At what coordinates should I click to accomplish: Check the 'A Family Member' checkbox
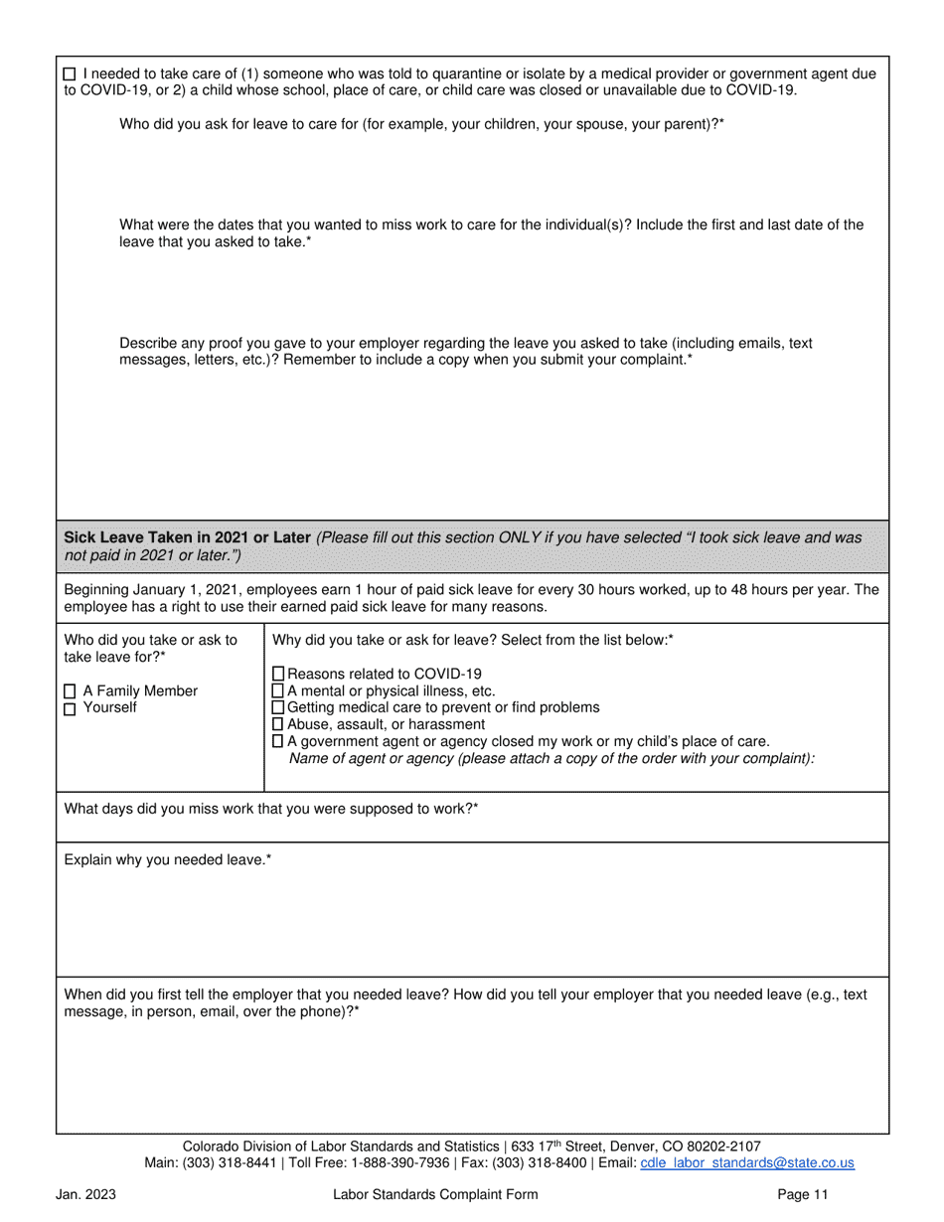point(70,691)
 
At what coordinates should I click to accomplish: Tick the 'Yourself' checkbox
point(70,709)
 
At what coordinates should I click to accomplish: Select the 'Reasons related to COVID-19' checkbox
point(278,674)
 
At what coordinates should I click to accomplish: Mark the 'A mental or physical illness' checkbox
point(278,690)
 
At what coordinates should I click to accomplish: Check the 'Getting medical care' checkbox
point(278,707)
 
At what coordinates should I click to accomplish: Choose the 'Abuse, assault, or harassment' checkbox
point(278,724)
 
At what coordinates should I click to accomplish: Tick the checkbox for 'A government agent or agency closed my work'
point(278,741)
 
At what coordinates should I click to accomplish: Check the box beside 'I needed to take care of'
point(70,75)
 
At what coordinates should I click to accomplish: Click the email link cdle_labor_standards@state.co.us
point(747,1163)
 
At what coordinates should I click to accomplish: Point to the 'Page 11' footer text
point(803,1195)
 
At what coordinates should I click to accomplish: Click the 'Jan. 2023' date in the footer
point(85,1195)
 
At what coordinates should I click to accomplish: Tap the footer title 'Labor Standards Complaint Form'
point(435,1195)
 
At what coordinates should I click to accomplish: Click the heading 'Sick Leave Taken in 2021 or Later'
point(187,537)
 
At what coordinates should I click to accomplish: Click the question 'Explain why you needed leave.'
point(168,859)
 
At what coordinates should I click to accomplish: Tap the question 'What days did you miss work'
point(270,809)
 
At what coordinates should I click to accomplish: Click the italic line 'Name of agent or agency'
point(551,759)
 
